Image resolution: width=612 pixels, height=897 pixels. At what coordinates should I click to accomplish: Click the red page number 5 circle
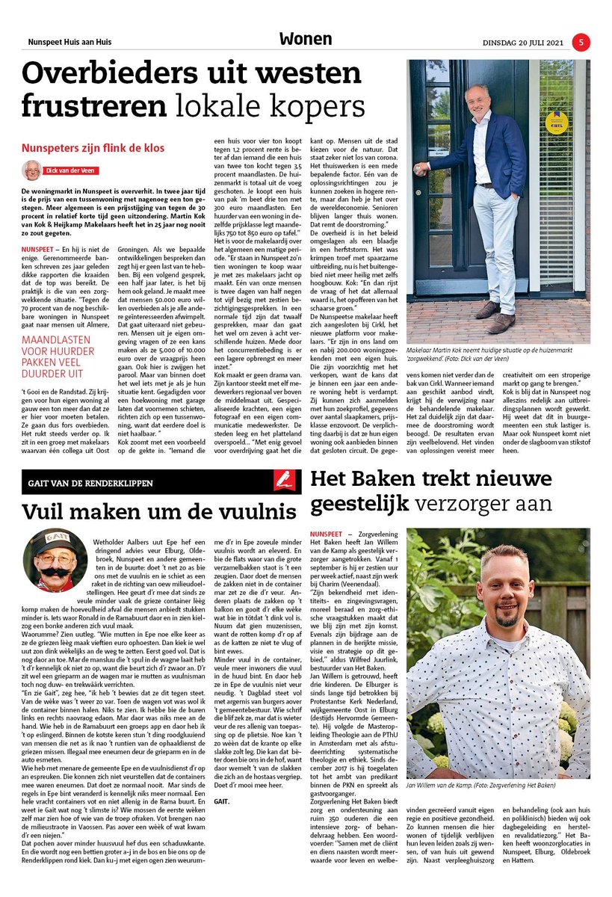point(581,42)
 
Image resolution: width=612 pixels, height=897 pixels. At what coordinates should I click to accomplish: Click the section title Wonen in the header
point(306,40)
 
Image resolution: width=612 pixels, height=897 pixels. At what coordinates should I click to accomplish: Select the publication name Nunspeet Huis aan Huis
point(69,42)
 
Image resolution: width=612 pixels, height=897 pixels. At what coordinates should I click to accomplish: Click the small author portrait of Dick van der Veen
point(31,170)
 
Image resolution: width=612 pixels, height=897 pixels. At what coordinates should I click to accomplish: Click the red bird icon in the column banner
point(287,482)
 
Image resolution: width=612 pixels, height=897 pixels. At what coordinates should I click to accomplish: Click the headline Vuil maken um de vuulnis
point(158,513)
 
